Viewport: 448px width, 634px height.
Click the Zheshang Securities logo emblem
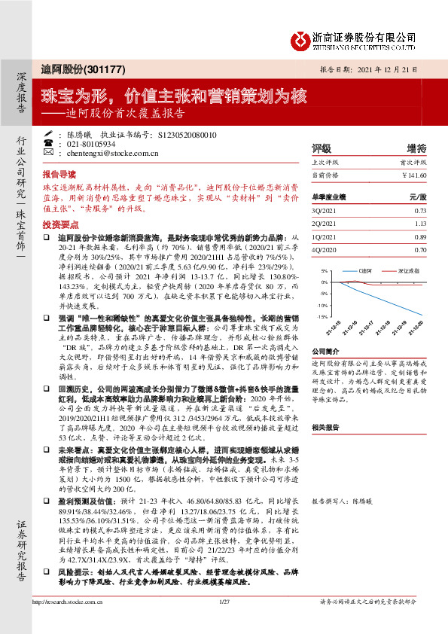[301, 38]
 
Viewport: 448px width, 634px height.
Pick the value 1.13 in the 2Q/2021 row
[420, 223]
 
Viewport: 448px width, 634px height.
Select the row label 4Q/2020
[324, 249]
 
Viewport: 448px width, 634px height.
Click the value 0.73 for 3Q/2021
[420, 210]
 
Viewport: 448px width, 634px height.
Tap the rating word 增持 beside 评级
[416, 148]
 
